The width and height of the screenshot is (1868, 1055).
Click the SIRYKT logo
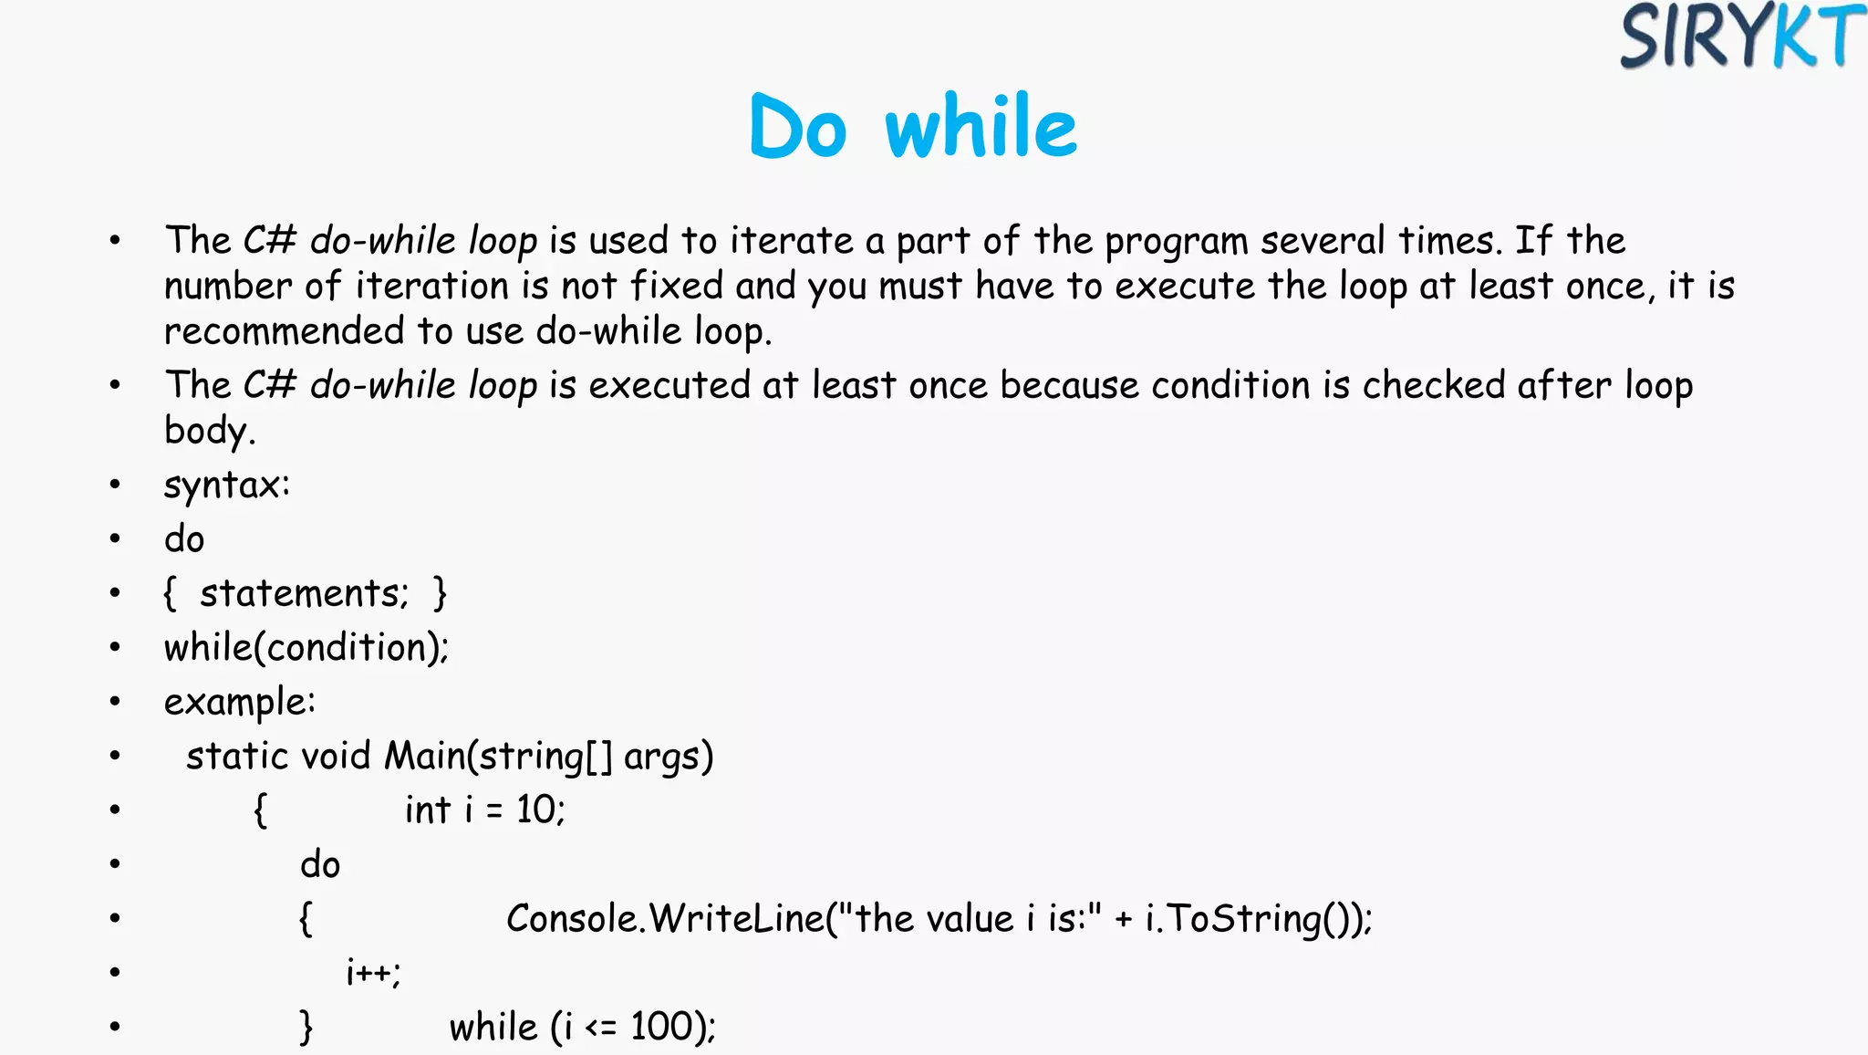(x=1741, y=37)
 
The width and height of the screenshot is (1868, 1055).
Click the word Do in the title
(x=798, y=127)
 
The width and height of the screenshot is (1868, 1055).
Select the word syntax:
(x=226, y=485)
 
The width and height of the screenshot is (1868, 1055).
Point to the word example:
(x=239, y=702)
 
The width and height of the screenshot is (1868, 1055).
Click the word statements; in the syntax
(x=304, y=593)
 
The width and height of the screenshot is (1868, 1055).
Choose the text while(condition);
(x=306, y=647)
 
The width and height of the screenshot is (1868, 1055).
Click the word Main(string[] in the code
(x=498, y=756)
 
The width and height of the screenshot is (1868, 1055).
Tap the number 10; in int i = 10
(x=540, y=810)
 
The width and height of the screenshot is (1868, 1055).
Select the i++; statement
(x=373, y=972)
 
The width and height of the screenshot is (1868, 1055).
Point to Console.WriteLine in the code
(x=665, y=918)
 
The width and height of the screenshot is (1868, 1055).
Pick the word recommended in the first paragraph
(x=284, y=330)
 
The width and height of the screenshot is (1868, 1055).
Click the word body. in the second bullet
(x=209, y=431)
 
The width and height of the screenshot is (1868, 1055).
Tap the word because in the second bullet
(x=1069, y=385)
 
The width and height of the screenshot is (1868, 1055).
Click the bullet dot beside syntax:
(x=115, y=485)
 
